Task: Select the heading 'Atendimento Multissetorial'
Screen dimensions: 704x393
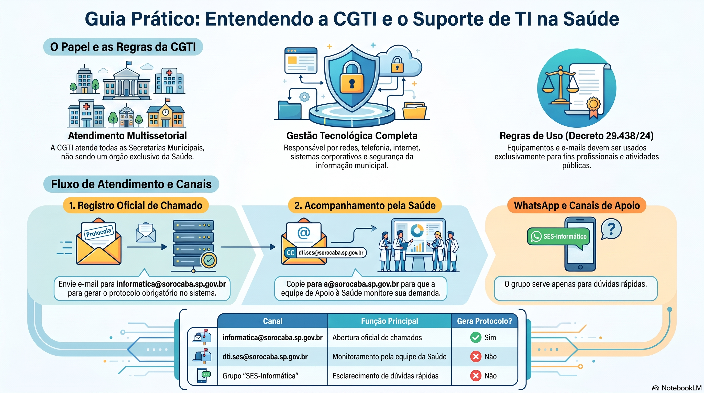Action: (x=127, y=136)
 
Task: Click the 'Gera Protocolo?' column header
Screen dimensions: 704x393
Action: (x=485, y=321)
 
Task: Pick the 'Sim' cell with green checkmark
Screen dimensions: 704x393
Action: (x=483, y=337)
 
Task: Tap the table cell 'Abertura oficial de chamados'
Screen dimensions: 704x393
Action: (x=377, y=337)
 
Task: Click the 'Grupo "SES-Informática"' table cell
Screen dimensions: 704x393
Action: (x=260, y=376)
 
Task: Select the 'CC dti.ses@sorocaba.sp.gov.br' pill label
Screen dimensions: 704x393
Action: (x=325, y=253)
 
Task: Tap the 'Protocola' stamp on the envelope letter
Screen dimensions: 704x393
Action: (x=99, y=232)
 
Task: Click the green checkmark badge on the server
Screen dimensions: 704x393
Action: (x=209, y=260)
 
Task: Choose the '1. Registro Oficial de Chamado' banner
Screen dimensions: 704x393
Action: (x=136, y=205)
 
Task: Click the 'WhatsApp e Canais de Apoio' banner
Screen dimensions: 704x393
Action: (x=577, y=205)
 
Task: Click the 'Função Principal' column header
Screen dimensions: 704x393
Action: (x=389, y=321)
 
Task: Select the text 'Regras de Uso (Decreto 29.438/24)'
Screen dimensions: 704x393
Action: (x=577, y=136)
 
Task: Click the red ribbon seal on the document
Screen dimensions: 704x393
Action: (x=593, y=107)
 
